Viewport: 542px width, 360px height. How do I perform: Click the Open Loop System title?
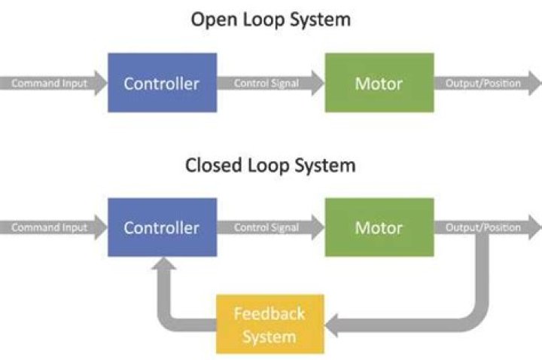[x=270, y=20]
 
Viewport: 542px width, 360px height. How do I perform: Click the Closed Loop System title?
[x=270, y=164]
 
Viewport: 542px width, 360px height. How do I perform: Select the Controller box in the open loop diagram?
[x=162, y=83]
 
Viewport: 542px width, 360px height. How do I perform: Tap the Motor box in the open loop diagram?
[x=379, y=83]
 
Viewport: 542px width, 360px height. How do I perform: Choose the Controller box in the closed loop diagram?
[x=162, y=227]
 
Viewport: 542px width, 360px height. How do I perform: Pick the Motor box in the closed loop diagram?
[x=379, y=227]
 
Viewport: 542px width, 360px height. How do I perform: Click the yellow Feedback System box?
[x=269, y=324]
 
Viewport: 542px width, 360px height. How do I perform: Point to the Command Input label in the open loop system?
[x=49, y=83]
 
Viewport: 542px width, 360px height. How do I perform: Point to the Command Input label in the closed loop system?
[x=49, y=227]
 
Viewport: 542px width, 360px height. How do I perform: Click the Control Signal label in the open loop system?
[x=266, y=83]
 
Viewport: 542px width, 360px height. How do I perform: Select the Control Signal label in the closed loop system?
[x=266, y=227]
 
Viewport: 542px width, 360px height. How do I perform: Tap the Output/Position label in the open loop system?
[x=483, y=83]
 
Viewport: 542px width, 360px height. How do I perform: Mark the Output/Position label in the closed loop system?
[x=483, y=227]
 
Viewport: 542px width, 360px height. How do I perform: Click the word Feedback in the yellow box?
[x=269, y=313]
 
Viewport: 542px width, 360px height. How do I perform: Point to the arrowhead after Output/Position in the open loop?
[x=534, y=83]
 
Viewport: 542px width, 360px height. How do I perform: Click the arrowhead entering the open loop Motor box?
[x=317, y=83]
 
